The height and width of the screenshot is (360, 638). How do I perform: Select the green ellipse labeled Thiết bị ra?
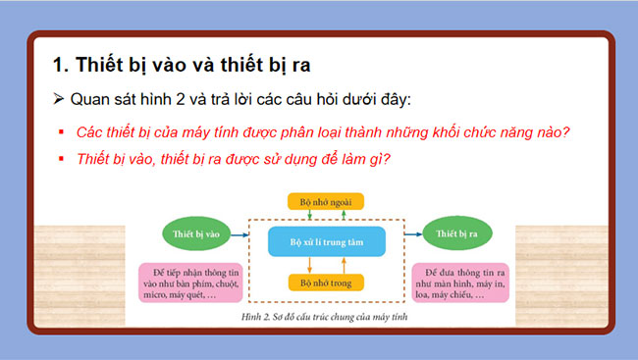coord(451,235)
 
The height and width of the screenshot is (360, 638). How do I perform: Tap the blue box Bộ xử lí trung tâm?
coord(326,240)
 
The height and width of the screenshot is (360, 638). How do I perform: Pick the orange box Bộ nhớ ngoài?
coord(326,201)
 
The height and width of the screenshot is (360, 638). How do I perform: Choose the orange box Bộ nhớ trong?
coord(326,283)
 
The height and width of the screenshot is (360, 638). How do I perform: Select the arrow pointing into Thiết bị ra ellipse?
coord(404,235)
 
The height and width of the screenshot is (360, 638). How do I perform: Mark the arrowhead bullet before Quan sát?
coord(60,101)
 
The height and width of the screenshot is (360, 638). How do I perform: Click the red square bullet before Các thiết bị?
coord(61,132)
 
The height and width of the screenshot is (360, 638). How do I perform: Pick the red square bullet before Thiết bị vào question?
coord(61,159)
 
